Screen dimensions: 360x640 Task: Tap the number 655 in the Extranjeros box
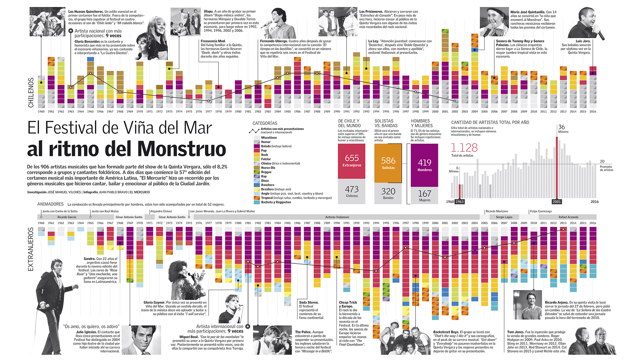pos(352,158)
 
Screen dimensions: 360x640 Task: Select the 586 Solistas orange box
pos(388,163)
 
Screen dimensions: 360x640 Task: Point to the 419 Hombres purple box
pos(424,165)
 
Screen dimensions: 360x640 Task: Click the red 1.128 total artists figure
pos(464,148)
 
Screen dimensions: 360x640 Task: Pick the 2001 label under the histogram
pos(557,202)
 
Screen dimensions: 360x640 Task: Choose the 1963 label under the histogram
pos(460,202)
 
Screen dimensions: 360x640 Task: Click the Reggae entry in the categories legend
pos(266,172)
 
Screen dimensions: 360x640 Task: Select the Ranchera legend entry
pos(267,185)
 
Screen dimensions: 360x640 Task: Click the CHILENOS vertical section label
pos(31,93)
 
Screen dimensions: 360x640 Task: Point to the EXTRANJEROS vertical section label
pos(31,249)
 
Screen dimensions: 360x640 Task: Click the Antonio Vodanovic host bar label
pos(337,217)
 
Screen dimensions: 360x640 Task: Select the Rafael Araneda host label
pos(568,217)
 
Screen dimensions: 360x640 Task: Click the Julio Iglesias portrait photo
pos(141,340)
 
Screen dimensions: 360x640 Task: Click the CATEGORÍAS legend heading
pos(265,123)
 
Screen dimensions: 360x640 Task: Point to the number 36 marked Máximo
pos(562,127)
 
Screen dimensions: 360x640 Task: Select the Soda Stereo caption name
pos(309,303)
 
